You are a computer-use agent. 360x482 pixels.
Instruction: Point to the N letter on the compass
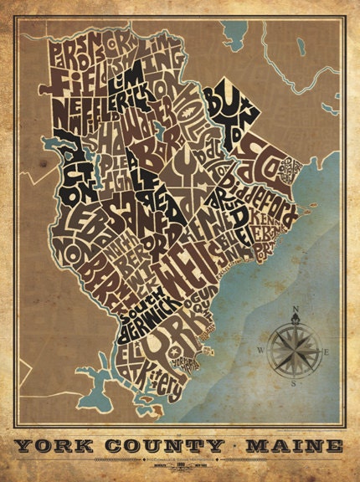pos(294,311)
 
